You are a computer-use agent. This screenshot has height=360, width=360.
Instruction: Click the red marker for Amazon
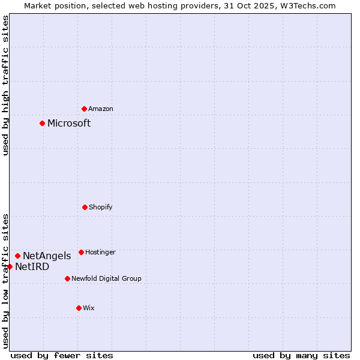(84, 109)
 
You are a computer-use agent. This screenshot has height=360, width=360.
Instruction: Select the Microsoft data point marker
(42, 123)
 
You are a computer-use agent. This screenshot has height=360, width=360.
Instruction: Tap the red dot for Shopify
(85, 207)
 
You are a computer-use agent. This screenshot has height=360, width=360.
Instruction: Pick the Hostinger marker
(81, 252)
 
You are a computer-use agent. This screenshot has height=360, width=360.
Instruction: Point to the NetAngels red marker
(17, 256)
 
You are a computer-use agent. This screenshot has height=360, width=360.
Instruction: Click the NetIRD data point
(10, 266)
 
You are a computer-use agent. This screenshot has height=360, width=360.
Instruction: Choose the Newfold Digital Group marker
(67, 278)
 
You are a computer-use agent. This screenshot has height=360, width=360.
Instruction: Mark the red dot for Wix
(79, 308)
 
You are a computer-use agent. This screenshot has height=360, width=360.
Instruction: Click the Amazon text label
(101, 109)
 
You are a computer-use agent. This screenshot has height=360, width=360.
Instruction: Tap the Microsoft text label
(69, 124)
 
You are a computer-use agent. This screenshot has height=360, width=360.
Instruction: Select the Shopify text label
(101, 208)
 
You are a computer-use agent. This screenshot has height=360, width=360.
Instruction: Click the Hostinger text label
(100, 253)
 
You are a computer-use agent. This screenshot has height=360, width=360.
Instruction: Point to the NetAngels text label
(47, 256)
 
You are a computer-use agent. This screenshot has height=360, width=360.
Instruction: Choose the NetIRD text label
(32, 267)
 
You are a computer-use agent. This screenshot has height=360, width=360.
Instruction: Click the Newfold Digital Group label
(106, 279)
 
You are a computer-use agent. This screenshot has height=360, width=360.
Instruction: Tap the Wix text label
(89, 308)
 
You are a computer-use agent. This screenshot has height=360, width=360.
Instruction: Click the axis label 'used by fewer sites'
(62, 355)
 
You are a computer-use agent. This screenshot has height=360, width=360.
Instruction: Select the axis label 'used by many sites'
(301, 355)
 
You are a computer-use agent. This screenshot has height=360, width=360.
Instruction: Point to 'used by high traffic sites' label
(5, 85)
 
